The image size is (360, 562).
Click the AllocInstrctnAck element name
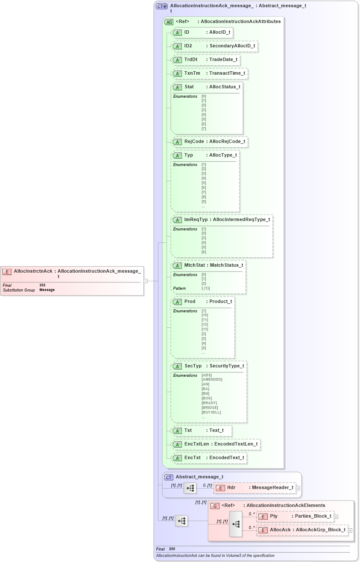[x=33, y=271]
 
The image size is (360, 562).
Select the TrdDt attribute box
[x=205, y=60]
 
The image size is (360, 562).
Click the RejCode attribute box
[x=209, y=142]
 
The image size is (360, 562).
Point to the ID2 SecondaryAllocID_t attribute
[x=214, y=46]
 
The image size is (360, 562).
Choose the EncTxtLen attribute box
[x=216, y=444]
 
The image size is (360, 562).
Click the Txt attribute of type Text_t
[x=201, y=431]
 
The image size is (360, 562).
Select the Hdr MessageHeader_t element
[x=255, y=488]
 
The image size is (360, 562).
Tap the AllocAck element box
[x=302, y=530]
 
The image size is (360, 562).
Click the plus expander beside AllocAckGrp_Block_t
[x=350, y=530]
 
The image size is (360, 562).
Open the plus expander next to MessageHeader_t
[x=298, y=488]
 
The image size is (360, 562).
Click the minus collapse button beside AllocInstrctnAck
[x=146, y=281]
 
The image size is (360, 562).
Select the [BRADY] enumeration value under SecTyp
[x=209, y=403]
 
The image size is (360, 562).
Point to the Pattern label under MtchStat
[x=179, y=288]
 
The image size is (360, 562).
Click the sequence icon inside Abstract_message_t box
[x=190, y=488]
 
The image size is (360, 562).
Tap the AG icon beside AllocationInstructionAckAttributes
[x=169, y=22]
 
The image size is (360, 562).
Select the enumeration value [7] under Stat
[x=204, y=129]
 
